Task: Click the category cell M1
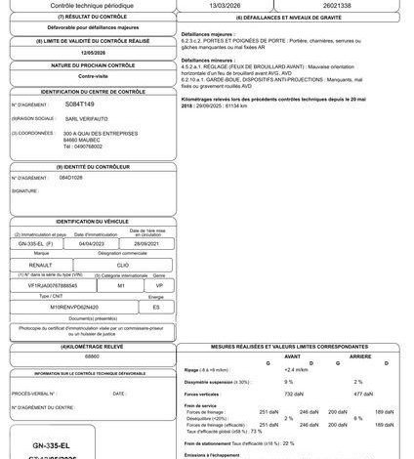click(x=120, y=285)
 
